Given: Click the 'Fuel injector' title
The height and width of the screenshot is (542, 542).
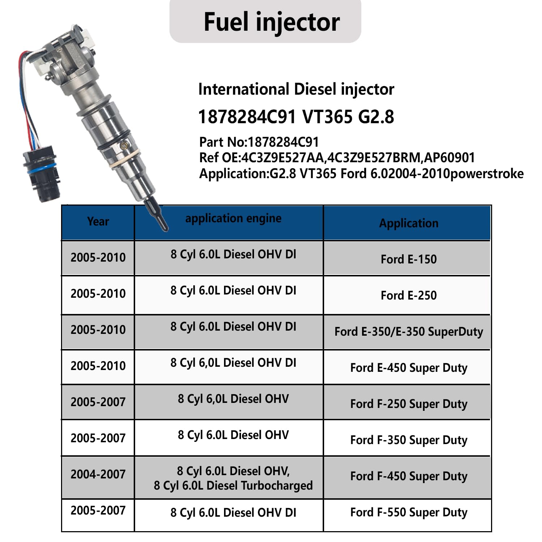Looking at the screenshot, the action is click(272, 22).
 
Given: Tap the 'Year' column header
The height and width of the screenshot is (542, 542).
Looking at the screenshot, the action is click(98, 221).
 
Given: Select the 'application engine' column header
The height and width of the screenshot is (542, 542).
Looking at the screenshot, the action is click(233, 219).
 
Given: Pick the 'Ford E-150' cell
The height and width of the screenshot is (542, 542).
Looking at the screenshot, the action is click(409, 259).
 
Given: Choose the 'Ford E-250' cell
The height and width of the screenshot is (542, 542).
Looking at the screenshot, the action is click(409, 295).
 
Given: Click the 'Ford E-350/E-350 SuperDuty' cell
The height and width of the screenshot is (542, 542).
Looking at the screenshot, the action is click(409, 332).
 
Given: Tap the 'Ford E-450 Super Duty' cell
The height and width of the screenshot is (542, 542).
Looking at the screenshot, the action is click(409, 368).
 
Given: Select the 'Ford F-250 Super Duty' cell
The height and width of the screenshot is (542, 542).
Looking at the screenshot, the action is click(409, 404).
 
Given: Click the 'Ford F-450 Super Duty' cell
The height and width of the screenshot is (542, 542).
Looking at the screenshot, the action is click(409, 476).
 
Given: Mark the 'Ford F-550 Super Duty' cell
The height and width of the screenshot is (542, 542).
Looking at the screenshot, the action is click(409, 512).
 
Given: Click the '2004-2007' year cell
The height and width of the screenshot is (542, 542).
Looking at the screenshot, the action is click(98, 474).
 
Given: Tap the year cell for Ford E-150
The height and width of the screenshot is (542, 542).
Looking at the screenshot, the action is click(98, 257).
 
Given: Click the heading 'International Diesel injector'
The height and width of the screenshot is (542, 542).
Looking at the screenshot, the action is click(296, 89).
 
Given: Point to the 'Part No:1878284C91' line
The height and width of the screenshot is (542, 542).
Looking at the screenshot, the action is click(259, 142).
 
